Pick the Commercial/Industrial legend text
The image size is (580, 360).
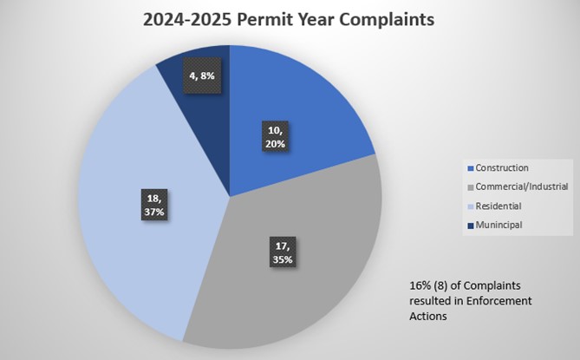518,187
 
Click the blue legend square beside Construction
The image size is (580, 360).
471,167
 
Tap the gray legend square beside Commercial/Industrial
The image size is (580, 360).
471,187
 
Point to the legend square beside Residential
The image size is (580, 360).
471,206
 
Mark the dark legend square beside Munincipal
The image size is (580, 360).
471,226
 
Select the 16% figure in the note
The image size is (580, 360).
419,285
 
